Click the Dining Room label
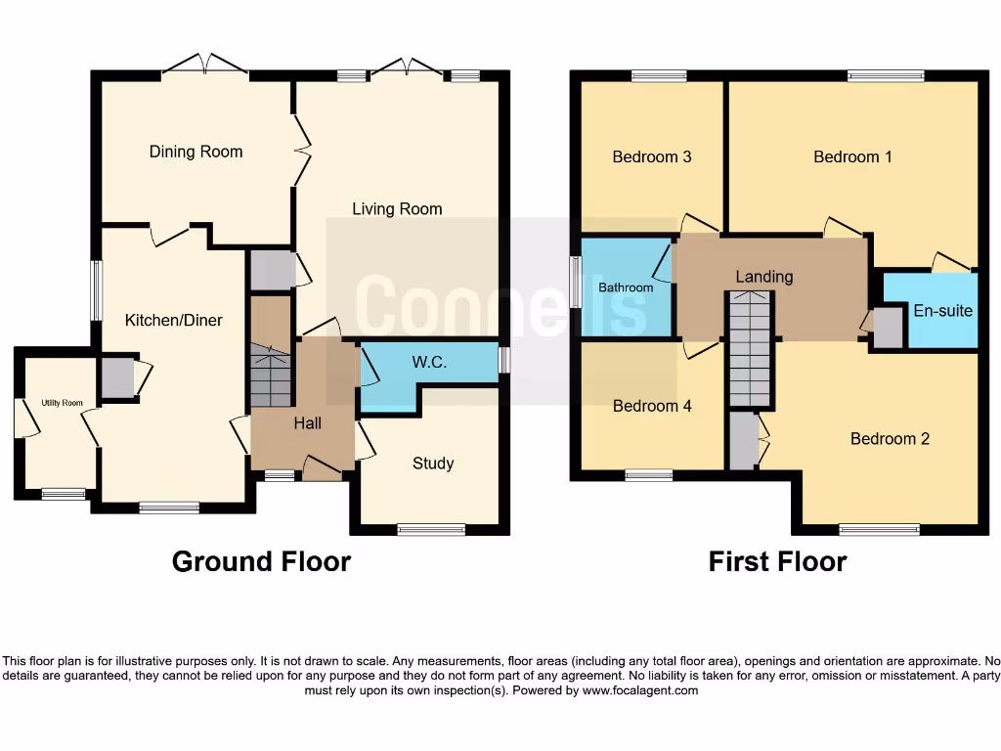196,152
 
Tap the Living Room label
397,208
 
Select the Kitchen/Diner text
173,320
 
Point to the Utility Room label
62,403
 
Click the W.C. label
429,362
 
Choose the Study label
432,464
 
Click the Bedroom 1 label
852,156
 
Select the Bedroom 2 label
889,438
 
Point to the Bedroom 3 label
651,156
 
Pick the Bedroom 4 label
651,406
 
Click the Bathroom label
626,287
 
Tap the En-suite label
942,311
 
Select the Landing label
763,277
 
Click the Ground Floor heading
261,561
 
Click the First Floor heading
777,561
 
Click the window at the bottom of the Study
431,530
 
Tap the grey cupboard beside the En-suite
888,328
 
